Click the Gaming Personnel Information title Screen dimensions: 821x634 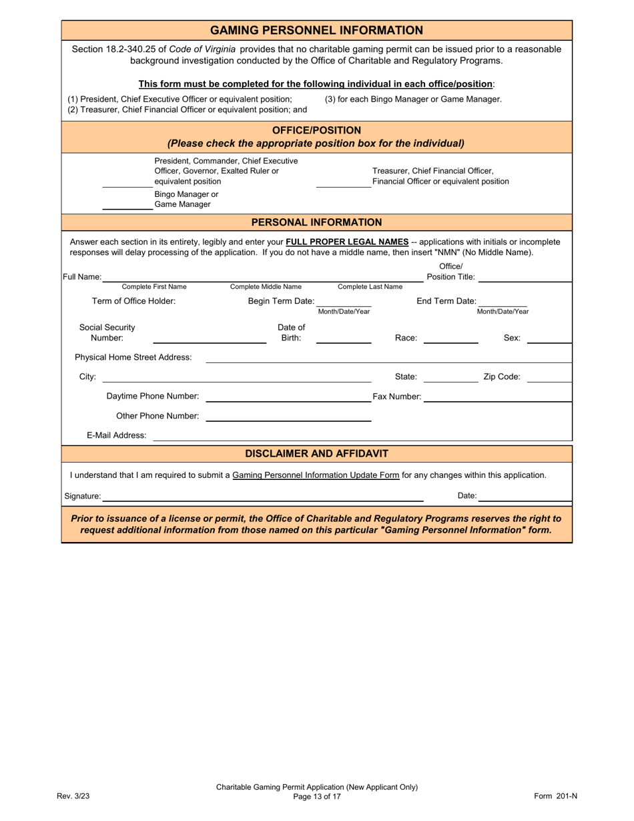pos(316,30)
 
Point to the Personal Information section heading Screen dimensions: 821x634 pos(316,222)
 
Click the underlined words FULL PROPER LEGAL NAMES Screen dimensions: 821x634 pos(346,242)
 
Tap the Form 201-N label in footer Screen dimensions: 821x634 pos(555,796)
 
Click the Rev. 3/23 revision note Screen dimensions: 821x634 pos(73,796)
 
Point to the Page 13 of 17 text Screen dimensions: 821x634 pos(316,796)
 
